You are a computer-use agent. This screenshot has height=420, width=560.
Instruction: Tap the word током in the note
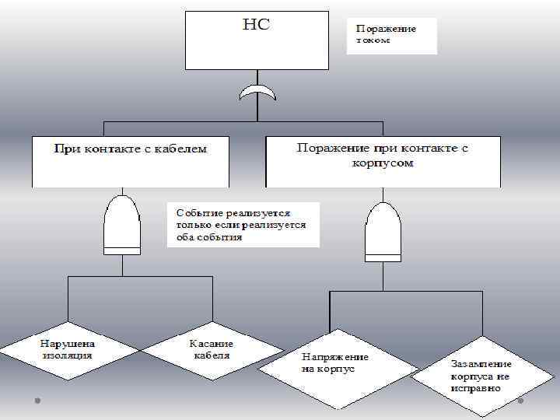(x=371, y=40)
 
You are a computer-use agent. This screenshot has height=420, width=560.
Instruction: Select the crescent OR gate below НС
(x=257, y=95)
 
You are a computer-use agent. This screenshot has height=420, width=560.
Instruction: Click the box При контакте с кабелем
(x=130, y=162)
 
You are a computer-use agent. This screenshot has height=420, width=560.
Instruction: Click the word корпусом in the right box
(x=382, y=164)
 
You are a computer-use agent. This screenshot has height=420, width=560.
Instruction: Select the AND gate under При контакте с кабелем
(x=122, y=225)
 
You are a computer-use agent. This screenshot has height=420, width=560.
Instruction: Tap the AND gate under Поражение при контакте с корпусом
(x=383, y=232)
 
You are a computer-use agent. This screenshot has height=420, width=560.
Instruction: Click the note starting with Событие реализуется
(x=243, y=225)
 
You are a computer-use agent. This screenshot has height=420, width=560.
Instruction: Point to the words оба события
(x=209, y=237)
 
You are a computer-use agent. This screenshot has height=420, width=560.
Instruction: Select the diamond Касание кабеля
(x=212, y=350)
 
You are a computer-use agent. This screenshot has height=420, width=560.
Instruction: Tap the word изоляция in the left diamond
(x=67, y=355)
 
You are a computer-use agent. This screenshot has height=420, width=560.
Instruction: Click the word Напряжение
(x=335, y=357)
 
